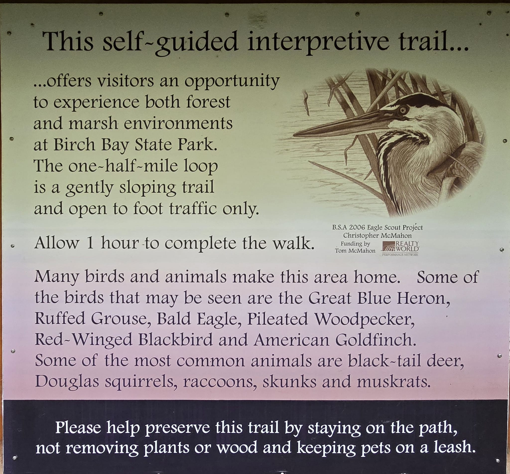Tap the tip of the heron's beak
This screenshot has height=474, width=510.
coord(294,135)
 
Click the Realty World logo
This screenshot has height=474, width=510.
coord(400,248)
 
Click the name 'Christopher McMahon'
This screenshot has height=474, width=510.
coord(377,236)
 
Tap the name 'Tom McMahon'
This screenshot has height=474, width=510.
coord(355,251)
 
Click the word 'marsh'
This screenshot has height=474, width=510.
coord(93,123)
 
